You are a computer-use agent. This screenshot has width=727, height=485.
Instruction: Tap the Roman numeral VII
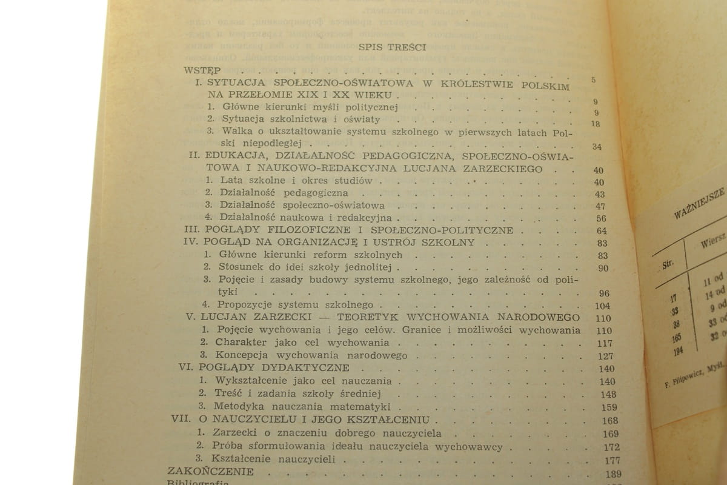(181, 420)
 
